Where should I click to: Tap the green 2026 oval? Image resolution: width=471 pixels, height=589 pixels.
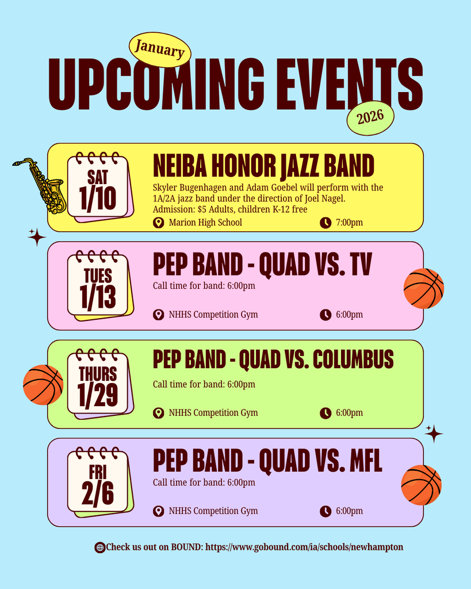370,118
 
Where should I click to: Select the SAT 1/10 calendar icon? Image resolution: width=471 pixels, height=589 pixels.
98,187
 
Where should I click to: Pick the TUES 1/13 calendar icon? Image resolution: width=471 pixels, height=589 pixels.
98,286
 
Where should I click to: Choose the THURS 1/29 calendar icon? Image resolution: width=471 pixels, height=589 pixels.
98,384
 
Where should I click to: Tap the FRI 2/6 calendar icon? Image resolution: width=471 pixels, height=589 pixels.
98,482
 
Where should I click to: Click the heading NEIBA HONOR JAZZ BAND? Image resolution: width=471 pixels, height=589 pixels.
263,166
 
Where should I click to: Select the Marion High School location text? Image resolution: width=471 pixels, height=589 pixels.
205,223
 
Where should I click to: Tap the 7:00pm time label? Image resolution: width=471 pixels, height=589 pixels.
349,223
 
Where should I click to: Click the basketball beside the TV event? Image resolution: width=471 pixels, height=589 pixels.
424,288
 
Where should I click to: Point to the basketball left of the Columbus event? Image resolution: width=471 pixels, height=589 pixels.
43,384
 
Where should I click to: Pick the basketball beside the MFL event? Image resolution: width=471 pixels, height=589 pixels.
421,484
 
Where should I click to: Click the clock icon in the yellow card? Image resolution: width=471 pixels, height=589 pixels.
326,223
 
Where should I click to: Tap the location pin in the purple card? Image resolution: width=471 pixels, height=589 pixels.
159,511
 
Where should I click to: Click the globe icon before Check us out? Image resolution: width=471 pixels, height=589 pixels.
99,548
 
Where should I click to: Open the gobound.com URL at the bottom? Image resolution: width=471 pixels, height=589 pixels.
304,547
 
